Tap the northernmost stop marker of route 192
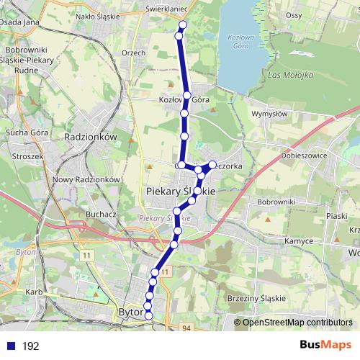[x=182, y=25]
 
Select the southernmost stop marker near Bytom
[x=149, y=315]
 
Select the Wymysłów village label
[x=269, y=114]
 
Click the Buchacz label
[x=100, y=214]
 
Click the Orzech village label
[x=133, y=53]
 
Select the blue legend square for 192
[x=10, y=346]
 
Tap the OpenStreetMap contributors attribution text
[x=294, y=323]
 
